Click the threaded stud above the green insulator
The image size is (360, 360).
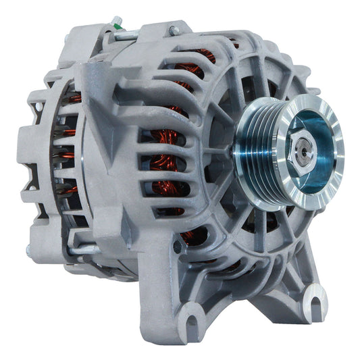coord(116,20)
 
